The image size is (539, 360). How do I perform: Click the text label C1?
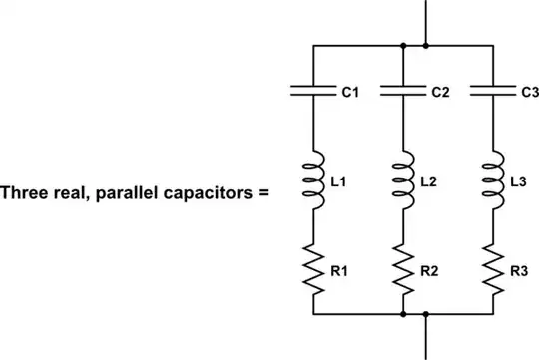pyautogui.click(x=350, y=93)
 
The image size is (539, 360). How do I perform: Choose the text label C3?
pyautogui.click(x=527, y=93)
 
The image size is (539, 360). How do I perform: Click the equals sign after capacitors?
pyautogui.click(x=264, y=189)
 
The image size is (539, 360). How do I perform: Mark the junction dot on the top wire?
pyautogui.click(x=403, y=45)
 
